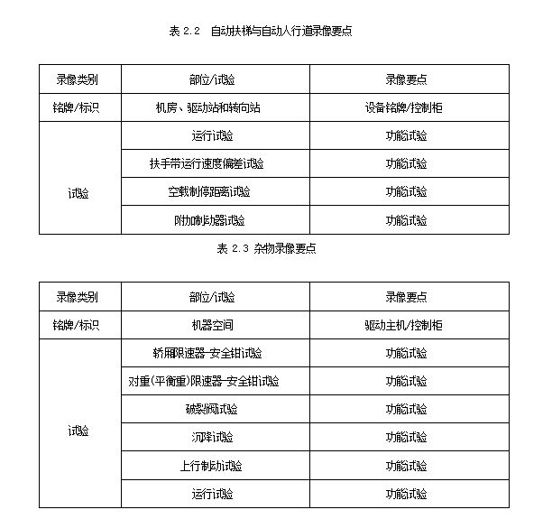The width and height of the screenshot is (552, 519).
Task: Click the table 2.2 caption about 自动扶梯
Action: coord(260,31)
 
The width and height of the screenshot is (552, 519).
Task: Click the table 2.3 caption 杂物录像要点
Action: coord(267,248)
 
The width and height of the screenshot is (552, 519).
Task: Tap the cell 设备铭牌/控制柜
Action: coord(407,107)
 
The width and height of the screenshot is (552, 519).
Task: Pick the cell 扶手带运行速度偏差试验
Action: coord(207,163)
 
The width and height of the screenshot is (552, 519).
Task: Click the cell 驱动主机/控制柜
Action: coord(405,324)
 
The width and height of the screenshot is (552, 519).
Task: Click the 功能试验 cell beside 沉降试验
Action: coord(407,437)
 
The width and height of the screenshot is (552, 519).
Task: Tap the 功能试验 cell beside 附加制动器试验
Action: coord(407,220)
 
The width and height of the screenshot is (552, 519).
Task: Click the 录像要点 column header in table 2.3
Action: coord(407,296)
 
